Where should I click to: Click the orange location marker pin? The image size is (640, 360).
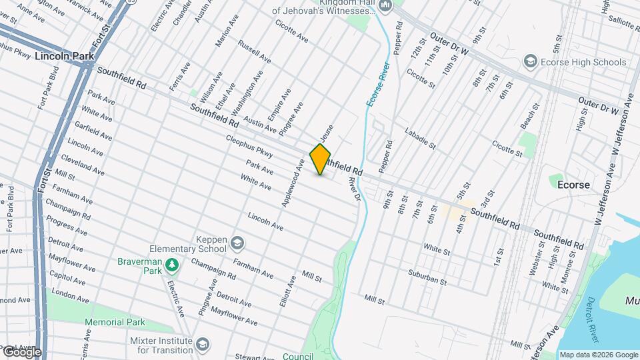tap(320, 159)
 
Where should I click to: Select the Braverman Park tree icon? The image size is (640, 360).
tap(173, 265)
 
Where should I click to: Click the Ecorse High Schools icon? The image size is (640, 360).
tap(531, 62)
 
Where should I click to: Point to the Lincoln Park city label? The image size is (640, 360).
tap(65, 57)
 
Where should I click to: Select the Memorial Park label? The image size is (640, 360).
tap(115, 323)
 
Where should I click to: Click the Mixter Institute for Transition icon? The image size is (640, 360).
tap(203, 345)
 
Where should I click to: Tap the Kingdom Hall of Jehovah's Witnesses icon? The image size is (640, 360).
tap(385, 6)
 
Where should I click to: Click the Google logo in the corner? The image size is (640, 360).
tap(21, 351)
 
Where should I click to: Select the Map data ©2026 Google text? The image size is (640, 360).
tap(599, 355)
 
